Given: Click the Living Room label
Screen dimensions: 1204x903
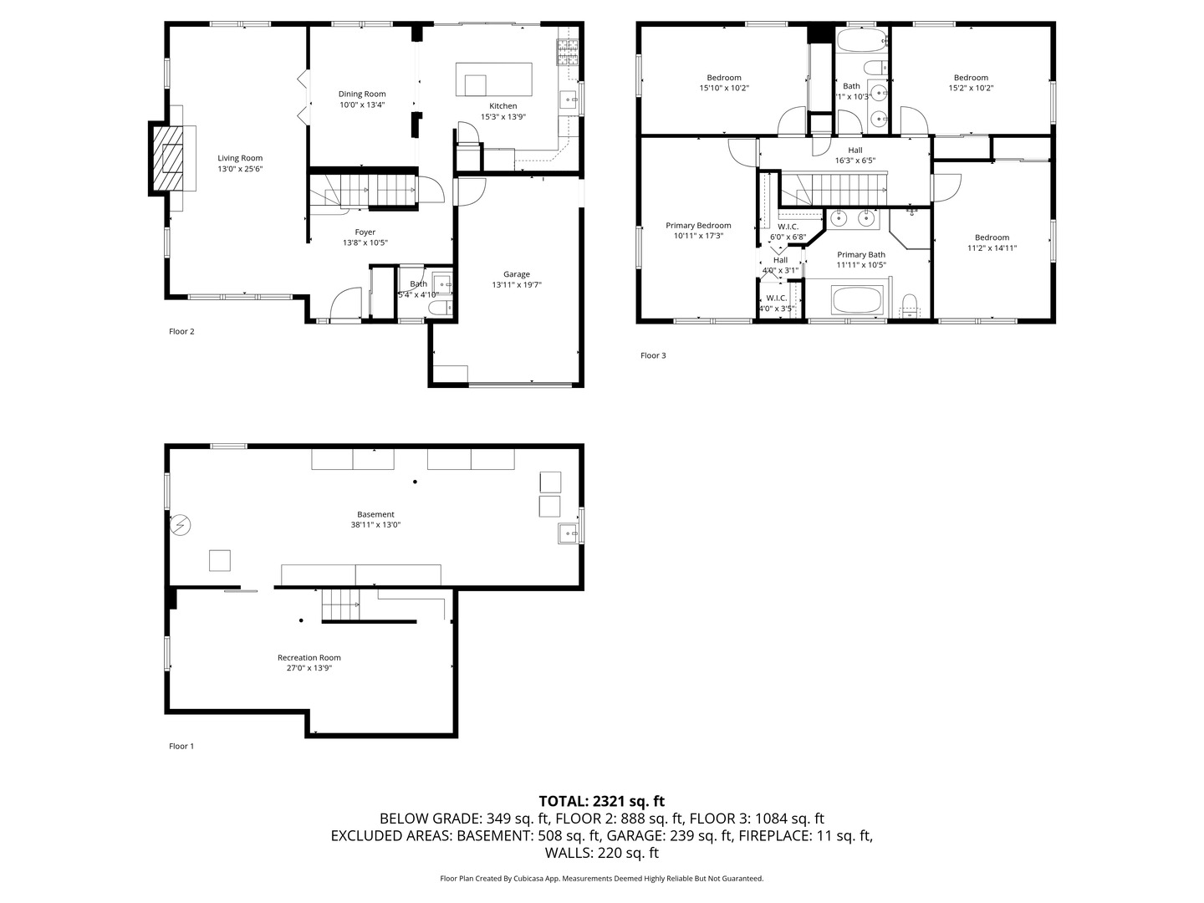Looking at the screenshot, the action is pyautogui.click(x=240, y=159).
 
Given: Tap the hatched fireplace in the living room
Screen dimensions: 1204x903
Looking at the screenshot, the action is pyautogui.click(x=167, y=158).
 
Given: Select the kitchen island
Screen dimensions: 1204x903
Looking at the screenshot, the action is pyautogui.click(x=493, y=79).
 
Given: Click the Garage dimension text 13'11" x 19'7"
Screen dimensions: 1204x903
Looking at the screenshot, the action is pyautogui.click(x=517, y=284).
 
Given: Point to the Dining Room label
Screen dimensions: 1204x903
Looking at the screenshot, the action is pyautogui.click(x=362, y=94).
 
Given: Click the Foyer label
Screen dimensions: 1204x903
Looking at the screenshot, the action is pyautogui.click(x=365, y=232).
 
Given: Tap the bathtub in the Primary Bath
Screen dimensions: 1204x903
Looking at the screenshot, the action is pyautogui.click(x=857, y=299).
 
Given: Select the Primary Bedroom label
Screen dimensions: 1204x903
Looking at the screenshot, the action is pyautogui.click(x=698, y=226).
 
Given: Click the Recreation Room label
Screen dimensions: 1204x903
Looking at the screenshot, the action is pyautogui.click(x=309, y=657).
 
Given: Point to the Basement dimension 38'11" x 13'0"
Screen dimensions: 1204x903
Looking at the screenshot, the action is pyautogui.click(x=375, y=525).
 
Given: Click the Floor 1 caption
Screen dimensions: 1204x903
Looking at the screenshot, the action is pyautogui.click(x=181, y=746).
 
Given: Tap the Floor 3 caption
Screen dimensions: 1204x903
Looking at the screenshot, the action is pyautogui.click(x=653, y=355).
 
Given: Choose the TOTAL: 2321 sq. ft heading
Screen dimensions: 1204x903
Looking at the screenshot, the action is pyautogui.click(x=602, y=801).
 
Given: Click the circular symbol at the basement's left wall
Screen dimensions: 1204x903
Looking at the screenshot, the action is pyautogui.click(x=180, y=525).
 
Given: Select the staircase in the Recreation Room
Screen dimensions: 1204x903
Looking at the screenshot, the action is pyautogui.click(x=340, y=605).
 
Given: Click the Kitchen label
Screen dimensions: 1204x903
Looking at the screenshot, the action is pyautogui.click(x=503, y=106).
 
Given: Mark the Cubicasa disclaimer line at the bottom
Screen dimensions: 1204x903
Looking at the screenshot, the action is pyautogui.click(x=602, y=878).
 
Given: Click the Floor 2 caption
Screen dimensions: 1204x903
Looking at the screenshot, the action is pyautogui.click(x=181, y=331).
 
